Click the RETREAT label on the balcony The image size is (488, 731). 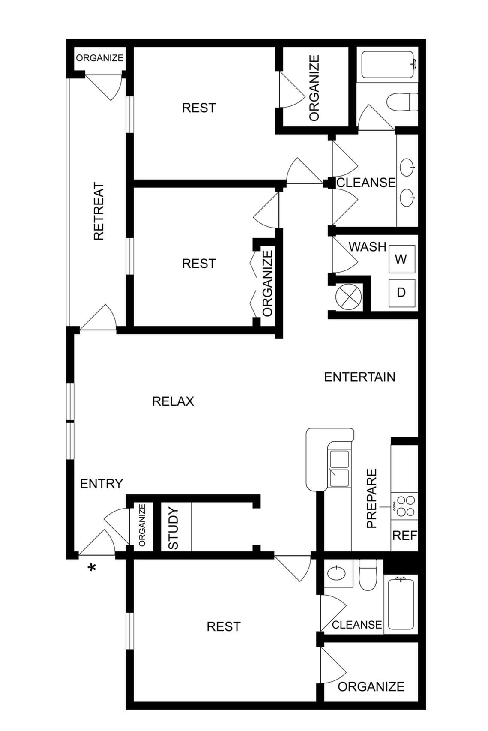(x=99, y=212)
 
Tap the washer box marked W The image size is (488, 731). (x=401, y=259)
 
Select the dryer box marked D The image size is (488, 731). (x=401, y=293)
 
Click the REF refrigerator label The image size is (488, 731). (x=404, y=536)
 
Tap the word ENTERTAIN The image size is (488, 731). (x=359, y=377)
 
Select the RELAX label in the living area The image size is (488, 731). (x=173, y=401)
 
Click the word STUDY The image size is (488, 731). (x=173, y=528)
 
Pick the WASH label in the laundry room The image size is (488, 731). (x=367, y=247)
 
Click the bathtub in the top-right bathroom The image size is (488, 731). (x=387, y=65)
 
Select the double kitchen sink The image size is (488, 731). (x=339, y=469)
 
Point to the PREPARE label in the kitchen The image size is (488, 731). (x=372, y=498)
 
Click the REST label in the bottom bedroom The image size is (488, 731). (x=223, y=627)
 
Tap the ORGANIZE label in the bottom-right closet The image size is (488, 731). (x=371, y=686)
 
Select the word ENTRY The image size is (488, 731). (x=102, y=484)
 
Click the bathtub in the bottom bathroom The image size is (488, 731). (x=401, y=604)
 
